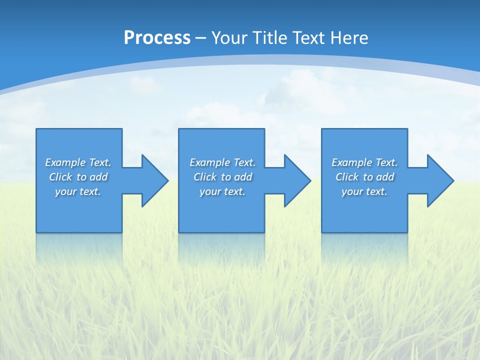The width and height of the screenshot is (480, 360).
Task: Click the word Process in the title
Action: [157, 38]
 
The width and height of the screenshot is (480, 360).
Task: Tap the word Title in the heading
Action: [270, 38]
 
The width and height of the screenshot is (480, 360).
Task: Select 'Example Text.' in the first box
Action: [78, 162]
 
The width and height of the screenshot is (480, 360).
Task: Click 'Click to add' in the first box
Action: [78, 177]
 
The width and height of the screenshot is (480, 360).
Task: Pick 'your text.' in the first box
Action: [78, 191]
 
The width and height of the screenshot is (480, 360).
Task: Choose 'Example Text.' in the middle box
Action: [222, 162]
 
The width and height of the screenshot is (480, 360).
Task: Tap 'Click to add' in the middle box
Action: [222, 177]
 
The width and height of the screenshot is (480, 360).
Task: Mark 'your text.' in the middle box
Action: [222, 191]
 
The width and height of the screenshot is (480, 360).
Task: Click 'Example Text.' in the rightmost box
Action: [364, 162]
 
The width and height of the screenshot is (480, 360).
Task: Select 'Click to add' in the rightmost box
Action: [364, 177]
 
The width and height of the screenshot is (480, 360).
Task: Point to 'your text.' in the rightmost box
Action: [364, 191]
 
